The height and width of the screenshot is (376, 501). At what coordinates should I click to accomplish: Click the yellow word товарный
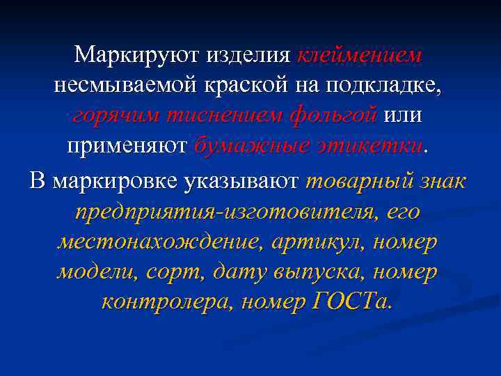pyautogui.click(x=359, y=180)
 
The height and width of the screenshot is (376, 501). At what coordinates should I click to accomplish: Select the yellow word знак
pyautogui.click(x=443, y=180)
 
